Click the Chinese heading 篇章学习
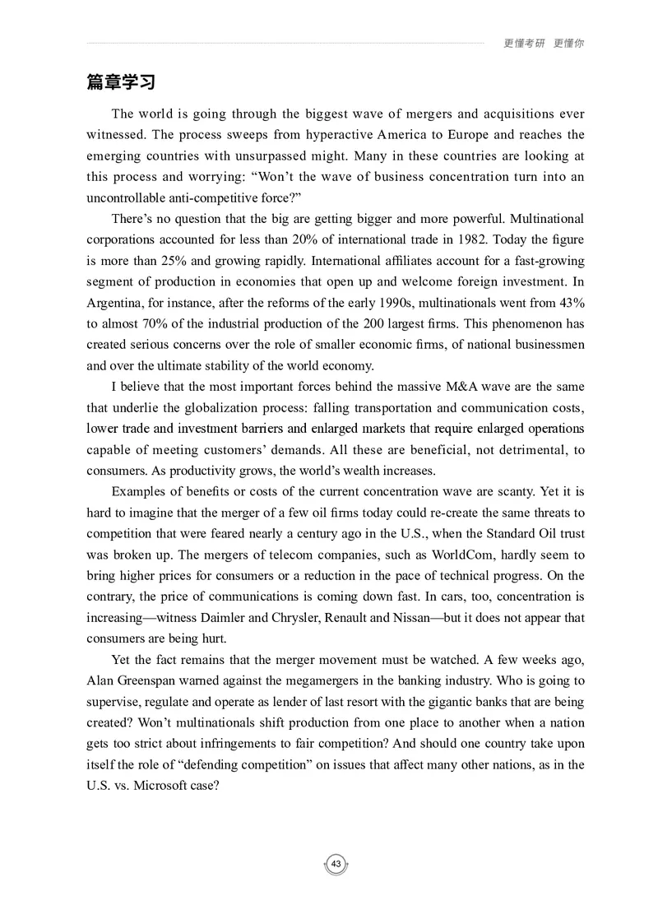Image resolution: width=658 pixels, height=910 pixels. [121, 83]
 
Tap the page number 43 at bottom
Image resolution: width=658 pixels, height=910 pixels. [336, 864]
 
